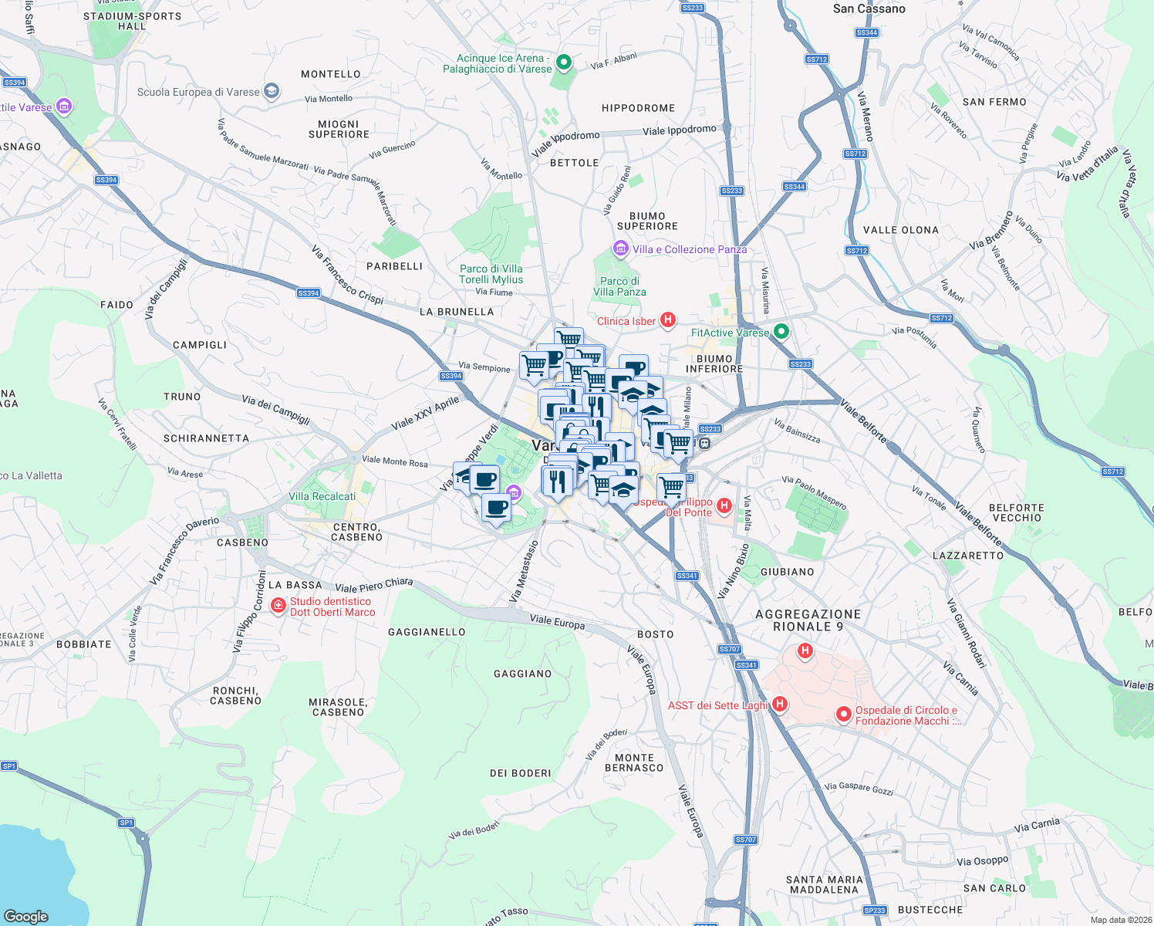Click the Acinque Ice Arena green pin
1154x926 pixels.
(564, 62)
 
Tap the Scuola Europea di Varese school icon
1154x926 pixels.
(271, 91)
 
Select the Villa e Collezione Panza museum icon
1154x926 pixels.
(620, 248)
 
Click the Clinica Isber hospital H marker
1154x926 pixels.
(668, 319)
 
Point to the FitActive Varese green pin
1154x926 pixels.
(781, 332)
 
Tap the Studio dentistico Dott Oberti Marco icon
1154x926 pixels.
(278, 607)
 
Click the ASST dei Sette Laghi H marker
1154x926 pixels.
(780, 704)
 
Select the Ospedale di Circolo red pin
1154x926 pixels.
(844, 715)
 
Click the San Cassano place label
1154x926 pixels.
(869, 8)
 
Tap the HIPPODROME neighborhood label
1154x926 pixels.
(638, 108)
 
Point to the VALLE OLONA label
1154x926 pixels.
(901, 230)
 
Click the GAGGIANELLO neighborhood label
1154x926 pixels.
(427, 632)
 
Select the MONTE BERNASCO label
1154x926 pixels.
(634, 762)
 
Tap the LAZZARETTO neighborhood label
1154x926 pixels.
(968, 556)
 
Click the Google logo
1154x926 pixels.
(26, 916)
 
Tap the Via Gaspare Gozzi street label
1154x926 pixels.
(859, 788)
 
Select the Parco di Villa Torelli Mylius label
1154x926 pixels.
(491, 274)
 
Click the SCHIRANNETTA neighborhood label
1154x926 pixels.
(206, 438)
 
